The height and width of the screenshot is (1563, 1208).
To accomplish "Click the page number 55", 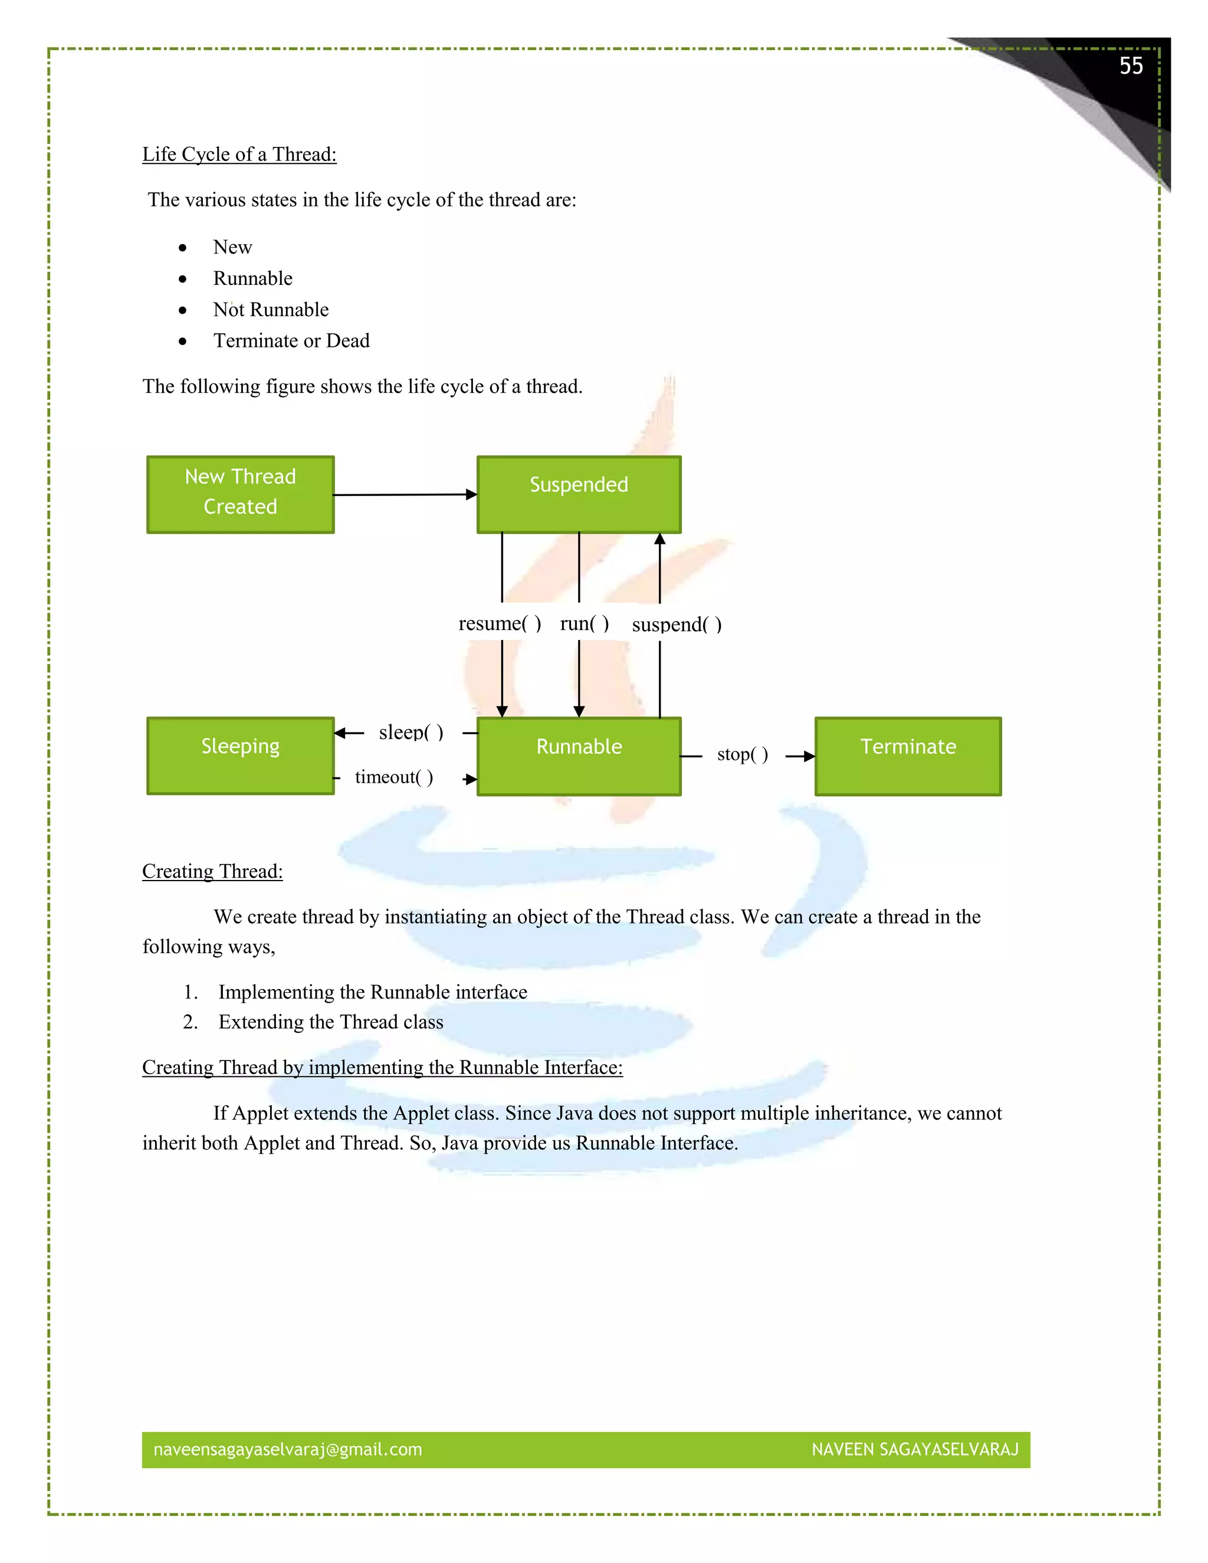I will [x=1131, y=66].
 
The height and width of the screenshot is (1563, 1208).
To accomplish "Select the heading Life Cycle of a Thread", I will [x=239, y=155].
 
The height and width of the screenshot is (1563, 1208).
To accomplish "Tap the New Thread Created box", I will [x=241, y=494].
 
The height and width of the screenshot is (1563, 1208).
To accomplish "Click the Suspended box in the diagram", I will [x=579, y=494].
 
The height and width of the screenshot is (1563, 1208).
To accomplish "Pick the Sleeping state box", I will [x=241, y=756].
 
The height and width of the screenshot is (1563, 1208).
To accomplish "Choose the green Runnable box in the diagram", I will [x=579, y=756].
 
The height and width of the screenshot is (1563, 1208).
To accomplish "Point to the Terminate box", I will [x=908, y=756].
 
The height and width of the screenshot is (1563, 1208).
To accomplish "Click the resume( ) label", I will [x=500, y=623].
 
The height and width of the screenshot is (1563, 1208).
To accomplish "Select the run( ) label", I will [x=584, y=623].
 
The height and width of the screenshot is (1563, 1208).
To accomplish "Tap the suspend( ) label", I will [x=677, y=625].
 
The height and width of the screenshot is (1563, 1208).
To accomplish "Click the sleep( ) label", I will [x=411, y=732].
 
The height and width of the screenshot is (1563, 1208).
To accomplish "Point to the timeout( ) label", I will [x=393, y=777].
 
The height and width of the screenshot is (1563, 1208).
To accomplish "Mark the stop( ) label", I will [x=742, y=754].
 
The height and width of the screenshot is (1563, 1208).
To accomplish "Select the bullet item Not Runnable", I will [x=271, y=310].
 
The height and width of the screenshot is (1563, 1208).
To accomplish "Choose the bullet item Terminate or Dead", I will [x=291, y=341].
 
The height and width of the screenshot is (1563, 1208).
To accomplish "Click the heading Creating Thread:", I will [x=212, y=872].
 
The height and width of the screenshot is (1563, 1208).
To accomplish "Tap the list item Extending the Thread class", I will [x=331, y=1022].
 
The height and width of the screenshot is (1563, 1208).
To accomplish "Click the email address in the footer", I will [x=288, y=1449].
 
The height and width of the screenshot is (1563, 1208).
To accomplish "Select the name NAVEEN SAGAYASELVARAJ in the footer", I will [x=915, y=1449].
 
